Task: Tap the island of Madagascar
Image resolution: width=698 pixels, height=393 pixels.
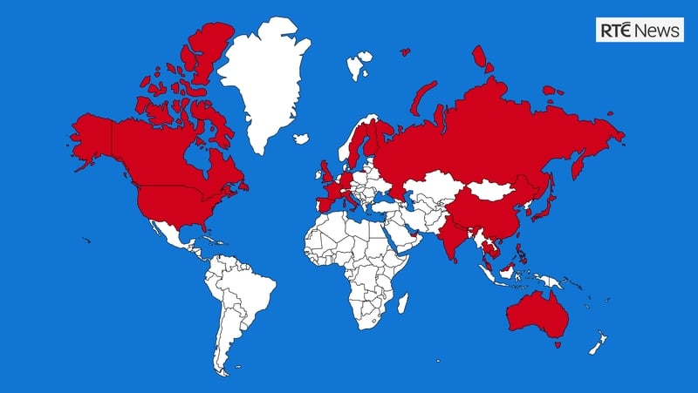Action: coord(403,304)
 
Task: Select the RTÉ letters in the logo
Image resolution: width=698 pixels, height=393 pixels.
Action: coord(616,30)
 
